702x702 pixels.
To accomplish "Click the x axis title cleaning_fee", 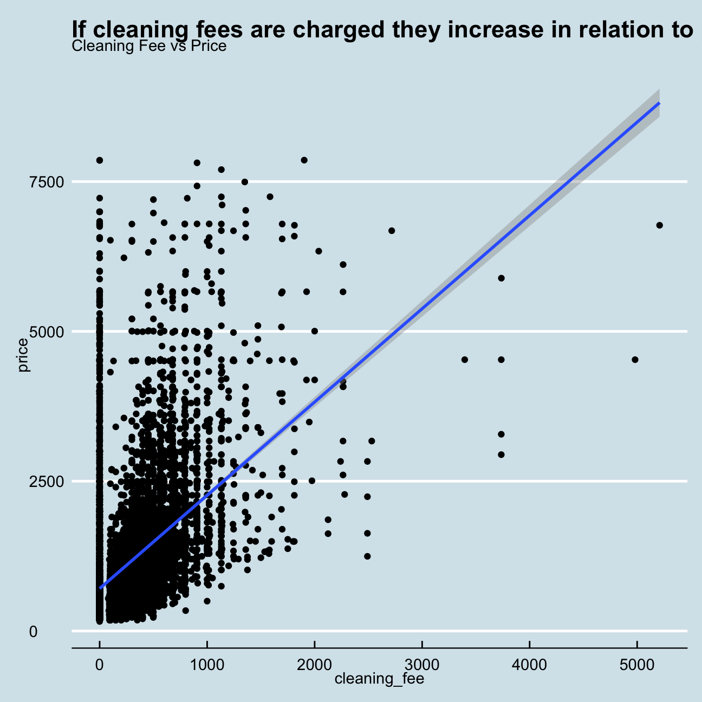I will [x=379, y=679].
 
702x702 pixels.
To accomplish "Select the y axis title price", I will [x=23, y=355].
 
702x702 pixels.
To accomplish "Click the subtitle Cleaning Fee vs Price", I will [x=149, y=46].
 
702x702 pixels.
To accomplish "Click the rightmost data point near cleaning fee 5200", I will [x=659, y=225].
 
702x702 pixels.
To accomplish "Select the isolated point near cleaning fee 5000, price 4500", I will [x=635, y=360].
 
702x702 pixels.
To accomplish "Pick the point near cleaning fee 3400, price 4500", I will [x=464, y=360].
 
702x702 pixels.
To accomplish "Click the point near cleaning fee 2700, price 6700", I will [x=392, y=231].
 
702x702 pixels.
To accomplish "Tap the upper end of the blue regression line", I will [x=658, y=103].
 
